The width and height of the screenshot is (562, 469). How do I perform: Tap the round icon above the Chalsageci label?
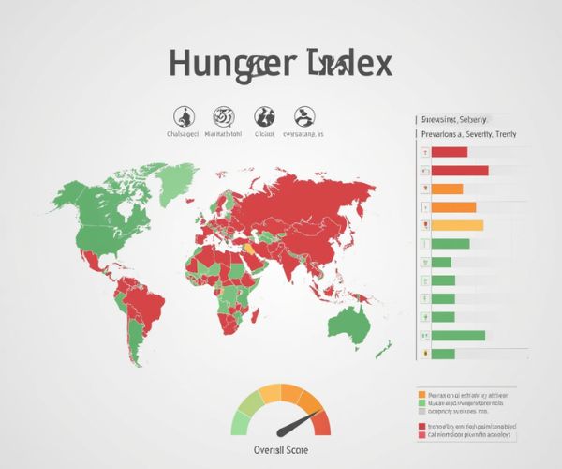(185, 117)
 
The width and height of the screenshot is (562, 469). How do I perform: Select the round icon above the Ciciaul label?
(265, 117)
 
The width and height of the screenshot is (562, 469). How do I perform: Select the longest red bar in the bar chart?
(460, 171)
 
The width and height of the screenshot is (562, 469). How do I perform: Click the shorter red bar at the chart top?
(449, 152)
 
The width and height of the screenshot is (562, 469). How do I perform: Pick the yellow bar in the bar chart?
(457, 225)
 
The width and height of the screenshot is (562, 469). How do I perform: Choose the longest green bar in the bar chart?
(458, 336)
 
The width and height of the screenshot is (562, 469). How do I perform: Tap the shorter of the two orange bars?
(447, 189)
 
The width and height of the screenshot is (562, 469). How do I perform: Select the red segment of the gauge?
(321, 423)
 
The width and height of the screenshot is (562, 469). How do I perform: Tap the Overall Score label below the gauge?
(281, 449)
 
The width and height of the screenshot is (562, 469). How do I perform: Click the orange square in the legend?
(422, 395)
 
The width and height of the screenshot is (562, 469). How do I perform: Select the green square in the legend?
(422, 403)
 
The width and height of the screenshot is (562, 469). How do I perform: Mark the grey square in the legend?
(422, 412)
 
